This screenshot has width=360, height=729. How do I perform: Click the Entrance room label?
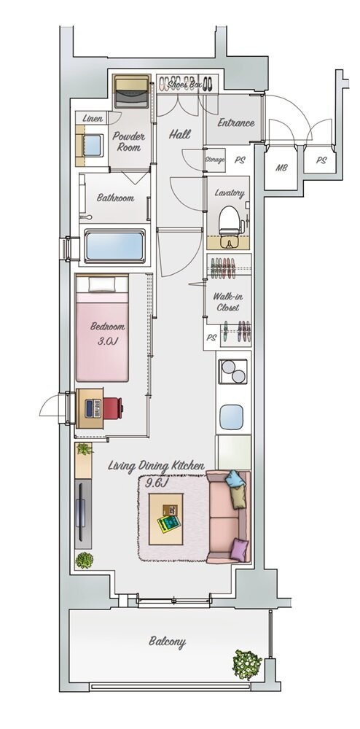tap(236, 123)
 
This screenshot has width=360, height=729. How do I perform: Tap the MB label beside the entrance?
tap(281, 168)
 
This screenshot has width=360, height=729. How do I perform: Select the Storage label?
tap(215, 160)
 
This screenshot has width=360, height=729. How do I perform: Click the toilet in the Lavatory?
tap(228, 224)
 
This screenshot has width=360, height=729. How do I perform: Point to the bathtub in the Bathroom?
tap(114, 246)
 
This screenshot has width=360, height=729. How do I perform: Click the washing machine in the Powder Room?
tap(132, 91)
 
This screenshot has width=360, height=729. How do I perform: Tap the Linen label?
tap(93, 119)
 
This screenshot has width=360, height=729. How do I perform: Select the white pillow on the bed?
tap(102, 285)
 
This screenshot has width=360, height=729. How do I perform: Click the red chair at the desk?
tap(113, 408)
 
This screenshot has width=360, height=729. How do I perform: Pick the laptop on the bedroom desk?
tap(93, 408)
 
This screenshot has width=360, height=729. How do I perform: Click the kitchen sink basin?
tap(231, 417)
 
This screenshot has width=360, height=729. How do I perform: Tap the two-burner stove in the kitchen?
tap(232, 372)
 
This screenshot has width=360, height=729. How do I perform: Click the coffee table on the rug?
tap(166, 518)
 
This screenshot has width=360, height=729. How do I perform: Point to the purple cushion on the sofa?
tap(239, 550)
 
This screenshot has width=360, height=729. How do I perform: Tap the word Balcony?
tap(167, 642)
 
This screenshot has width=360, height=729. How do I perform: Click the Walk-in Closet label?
tap(227, 302)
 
